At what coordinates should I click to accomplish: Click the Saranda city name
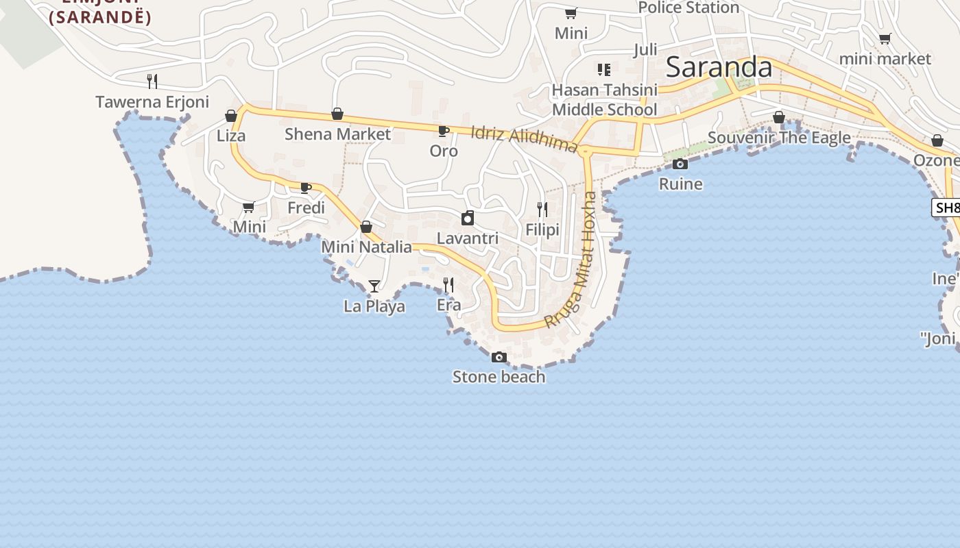pos(719,67)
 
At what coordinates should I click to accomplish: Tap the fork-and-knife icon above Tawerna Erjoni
pos(152,81)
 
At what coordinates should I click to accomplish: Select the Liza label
pos(231,136)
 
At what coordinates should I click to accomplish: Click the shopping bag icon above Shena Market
pos(337,113)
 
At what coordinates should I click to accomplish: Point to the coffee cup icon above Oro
pos(444,130)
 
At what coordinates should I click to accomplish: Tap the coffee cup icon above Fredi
pos(306,188)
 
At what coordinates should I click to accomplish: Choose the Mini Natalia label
pos(366,247)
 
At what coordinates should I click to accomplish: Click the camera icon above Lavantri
pos(468,219)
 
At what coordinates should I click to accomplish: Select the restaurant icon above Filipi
pos(542,210)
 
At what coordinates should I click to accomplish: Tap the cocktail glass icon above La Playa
pos(374,286)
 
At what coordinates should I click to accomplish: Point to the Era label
pos(449,305)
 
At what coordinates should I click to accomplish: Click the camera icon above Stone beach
pos(499,357)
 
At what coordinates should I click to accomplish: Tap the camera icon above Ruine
pos(680,164)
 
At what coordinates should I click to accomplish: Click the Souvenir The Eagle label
pos(779,138)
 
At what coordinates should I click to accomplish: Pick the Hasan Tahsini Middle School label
pos(604,100)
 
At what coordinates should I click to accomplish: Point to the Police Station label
pos(688,8)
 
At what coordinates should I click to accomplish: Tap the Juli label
pos(645,49)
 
